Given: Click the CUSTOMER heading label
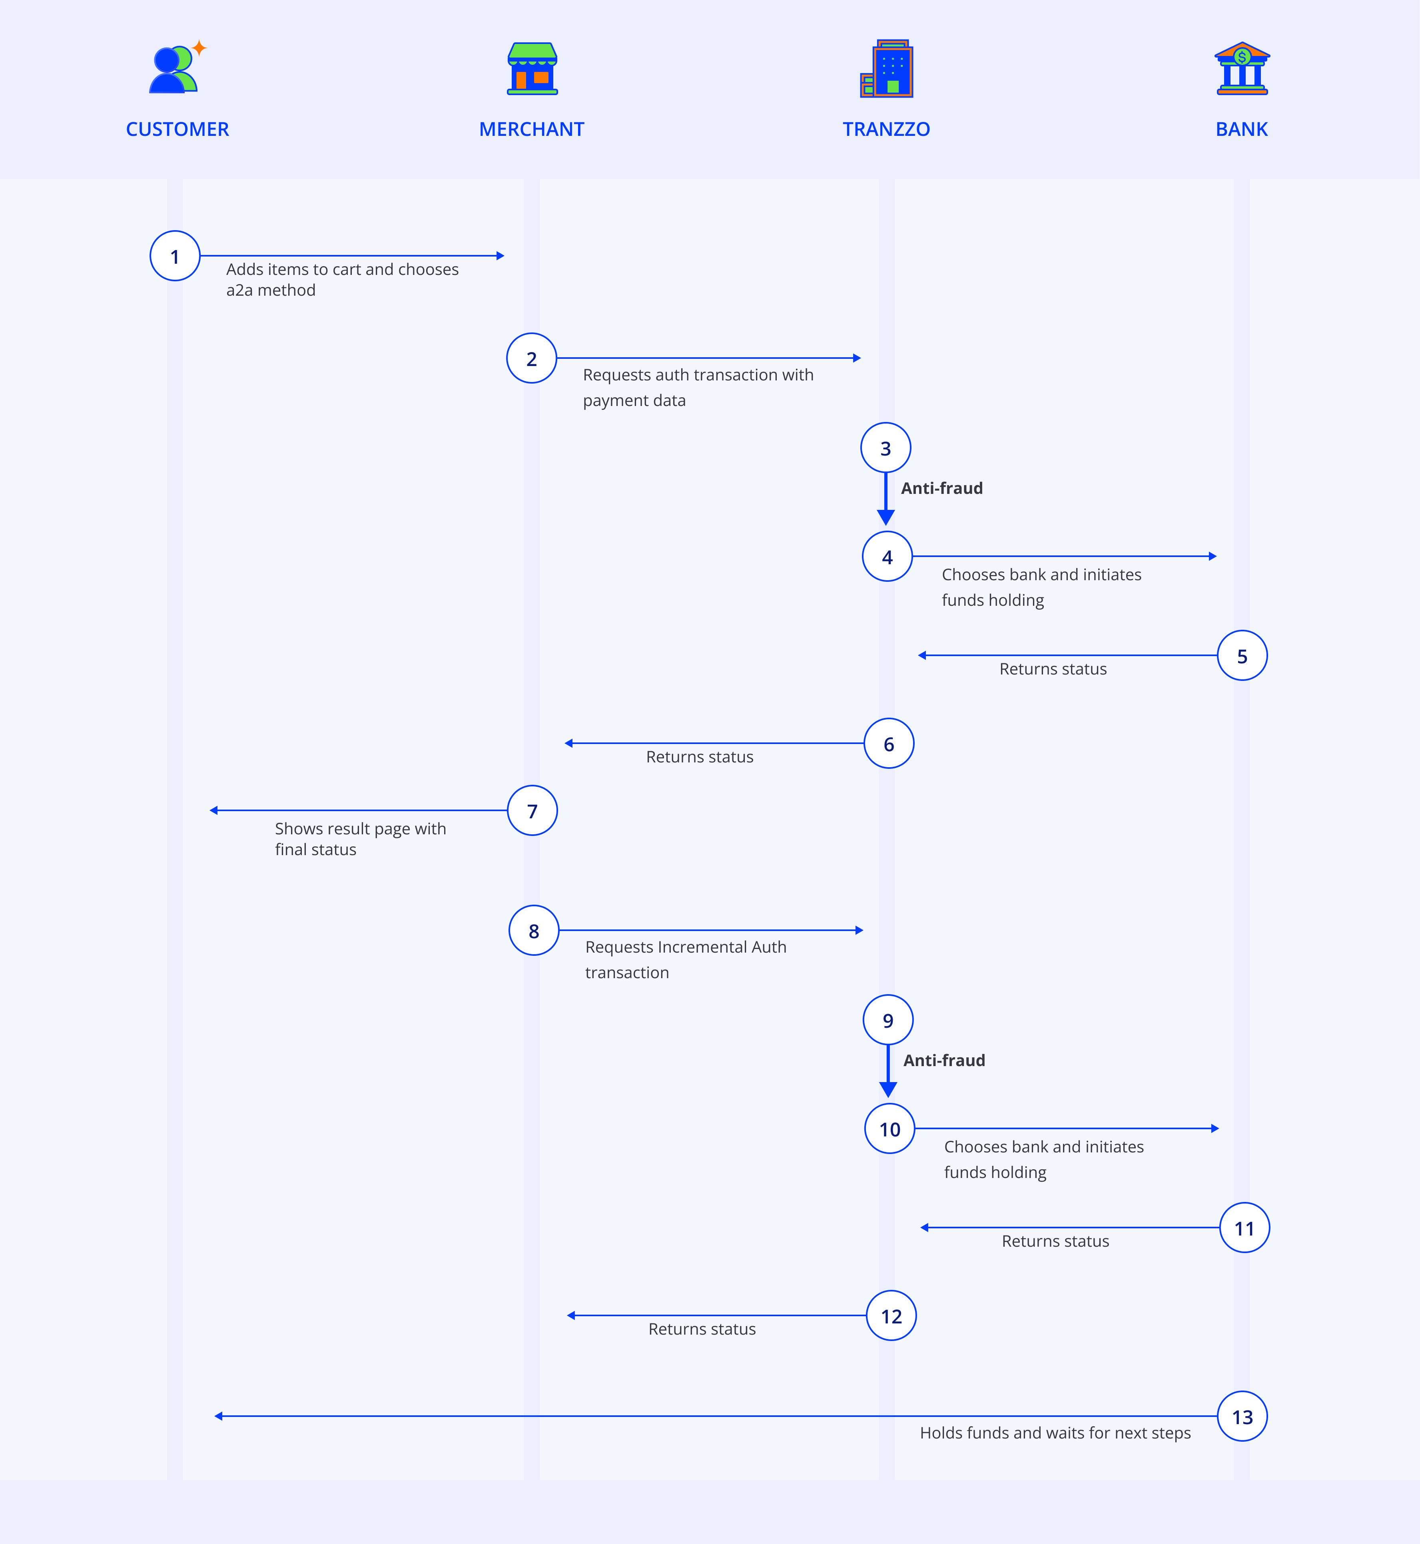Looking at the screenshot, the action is pos(177,129).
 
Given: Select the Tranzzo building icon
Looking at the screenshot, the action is pos(887,68).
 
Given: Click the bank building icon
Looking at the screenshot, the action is pos(1242,68).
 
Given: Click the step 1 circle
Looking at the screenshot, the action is pos(175,256).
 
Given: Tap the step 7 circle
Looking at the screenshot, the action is pos(532,810).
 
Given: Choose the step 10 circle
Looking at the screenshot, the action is pos(890,1128).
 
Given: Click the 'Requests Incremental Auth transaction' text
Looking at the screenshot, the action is pos(685,959).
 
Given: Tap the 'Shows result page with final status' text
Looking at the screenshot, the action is pos(360,839).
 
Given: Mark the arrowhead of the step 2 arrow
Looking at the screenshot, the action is pos(857,358).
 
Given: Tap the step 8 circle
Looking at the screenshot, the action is pos(534,930).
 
